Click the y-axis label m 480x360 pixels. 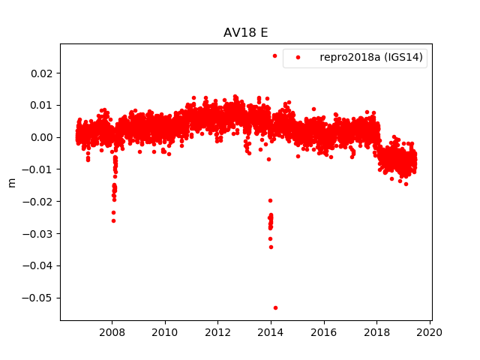[11, 182]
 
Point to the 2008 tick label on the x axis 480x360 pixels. [112, 332]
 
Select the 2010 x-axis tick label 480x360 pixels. [165, 332]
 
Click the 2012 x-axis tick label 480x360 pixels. [218, 332]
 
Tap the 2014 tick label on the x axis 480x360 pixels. [271, 332]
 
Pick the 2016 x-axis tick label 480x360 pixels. [324, 332]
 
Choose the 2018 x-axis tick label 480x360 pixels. [377, 332]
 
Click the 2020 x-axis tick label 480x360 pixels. [430, 332]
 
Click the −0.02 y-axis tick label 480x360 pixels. [40, 202]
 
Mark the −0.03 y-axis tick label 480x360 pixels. [40, 234]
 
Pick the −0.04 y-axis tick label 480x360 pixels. [40, 265]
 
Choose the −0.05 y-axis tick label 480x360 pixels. [40, 298]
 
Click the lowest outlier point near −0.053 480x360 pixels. [275, 307]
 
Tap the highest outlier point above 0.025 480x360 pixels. [274, 55]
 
